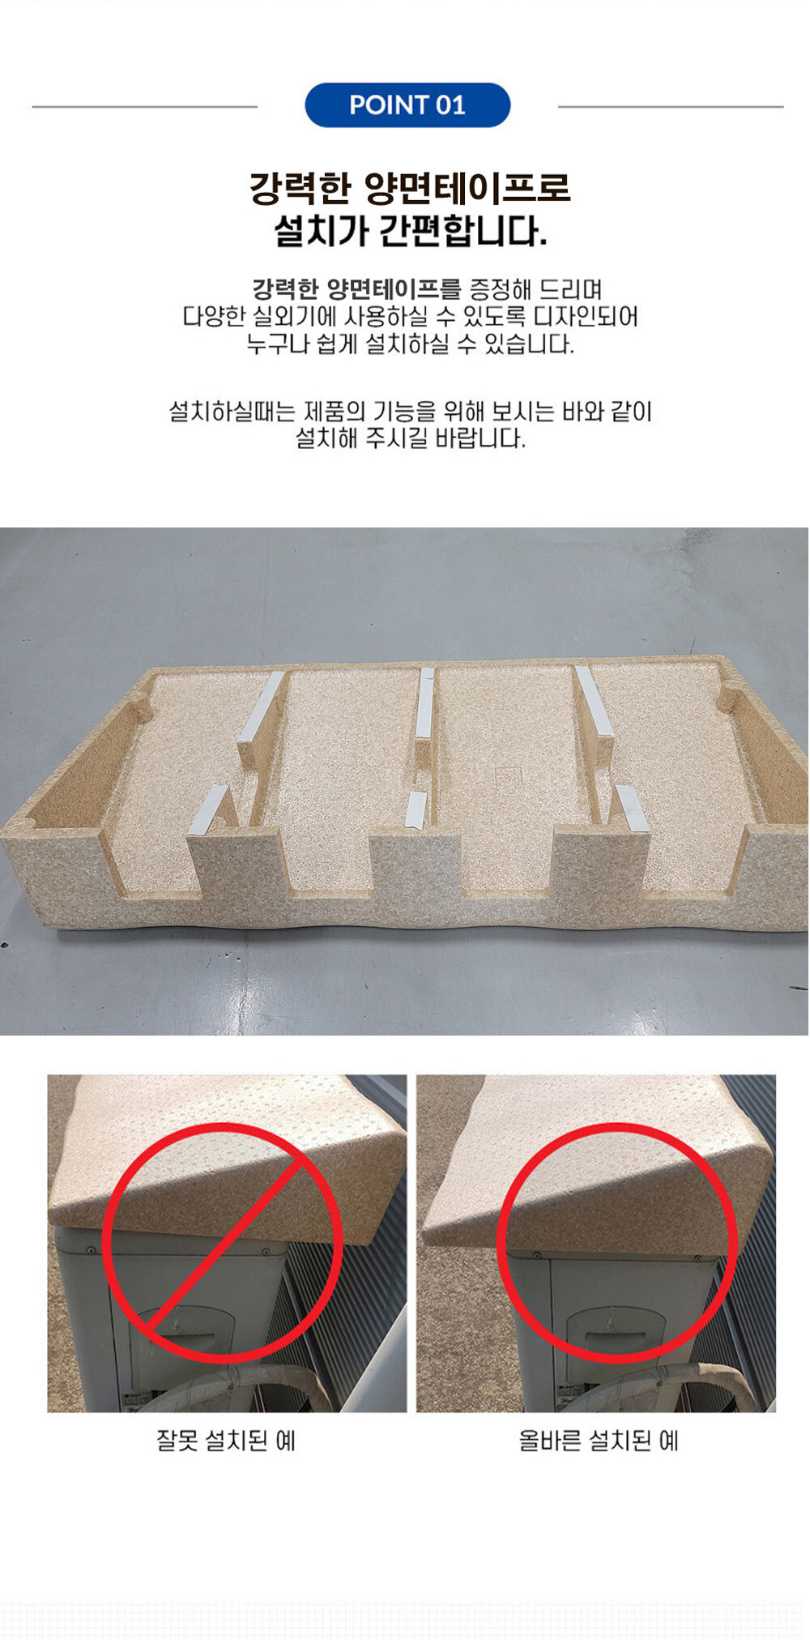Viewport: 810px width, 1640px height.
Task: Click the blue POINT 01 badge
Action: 407,105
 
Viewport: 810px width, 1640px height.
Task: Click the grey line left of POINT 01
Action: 145,106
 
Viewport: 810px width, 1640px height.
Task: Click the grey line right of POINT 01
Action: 671,106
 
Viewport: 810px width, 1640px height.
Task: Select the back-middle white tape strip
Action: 425,703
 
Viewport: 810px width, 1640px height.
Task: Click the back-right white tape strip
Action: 594,701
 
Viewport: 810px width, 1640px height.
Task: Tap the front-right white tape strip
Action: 633,809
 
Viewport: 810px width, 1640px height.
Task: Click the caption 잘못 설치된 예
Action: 226,1441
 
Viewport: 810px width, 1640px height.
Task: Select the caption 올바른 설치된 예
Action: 599,1441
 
